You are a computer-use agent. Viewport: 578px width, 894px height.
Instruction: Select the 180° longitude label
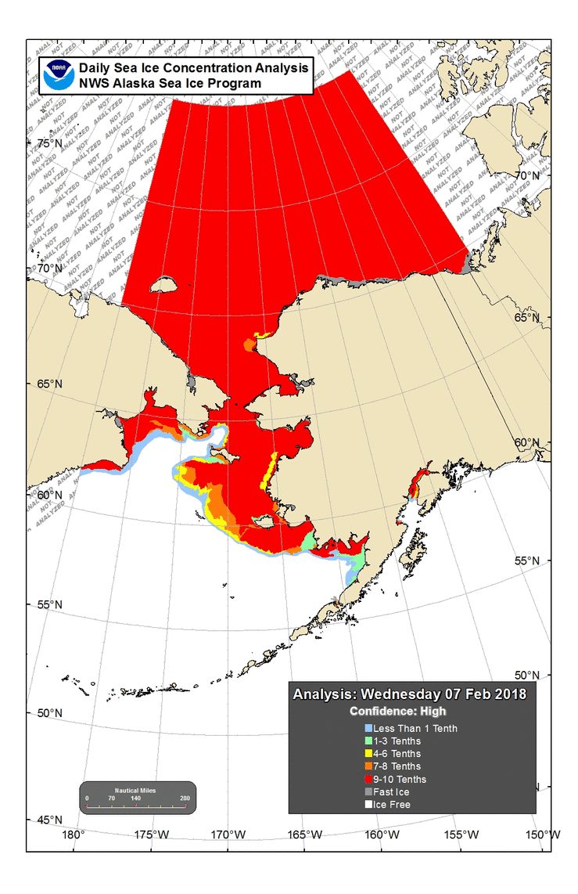(x=73, y=835)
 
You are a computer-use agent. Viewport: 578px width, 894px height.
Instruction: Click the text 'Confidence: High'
(x=397, y=712)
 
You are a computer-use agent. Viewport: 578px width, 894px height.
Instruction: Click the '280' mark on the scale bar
(x=185, y=798)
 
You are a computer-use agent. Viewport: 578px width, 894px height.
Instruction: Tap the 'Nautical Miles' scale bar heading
(x=136, y=790)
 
